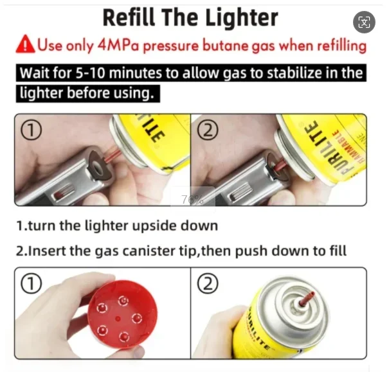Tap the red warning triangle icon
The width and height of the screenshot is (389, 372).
25,44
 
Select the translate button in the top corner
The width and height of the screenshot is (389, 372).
364,22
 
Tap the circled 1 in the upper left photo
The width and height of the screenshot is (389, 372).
31,130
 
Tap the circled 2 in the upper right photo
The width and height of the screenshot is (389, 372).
208,130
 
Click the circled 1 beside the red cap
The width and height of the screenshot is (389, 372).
31,283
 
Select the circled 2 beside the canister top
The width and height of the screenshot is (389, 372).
208,283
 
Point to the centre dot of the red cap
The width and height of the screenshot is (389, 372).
118,319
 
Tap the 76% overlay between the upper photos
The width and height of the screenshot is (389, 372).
192,199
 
